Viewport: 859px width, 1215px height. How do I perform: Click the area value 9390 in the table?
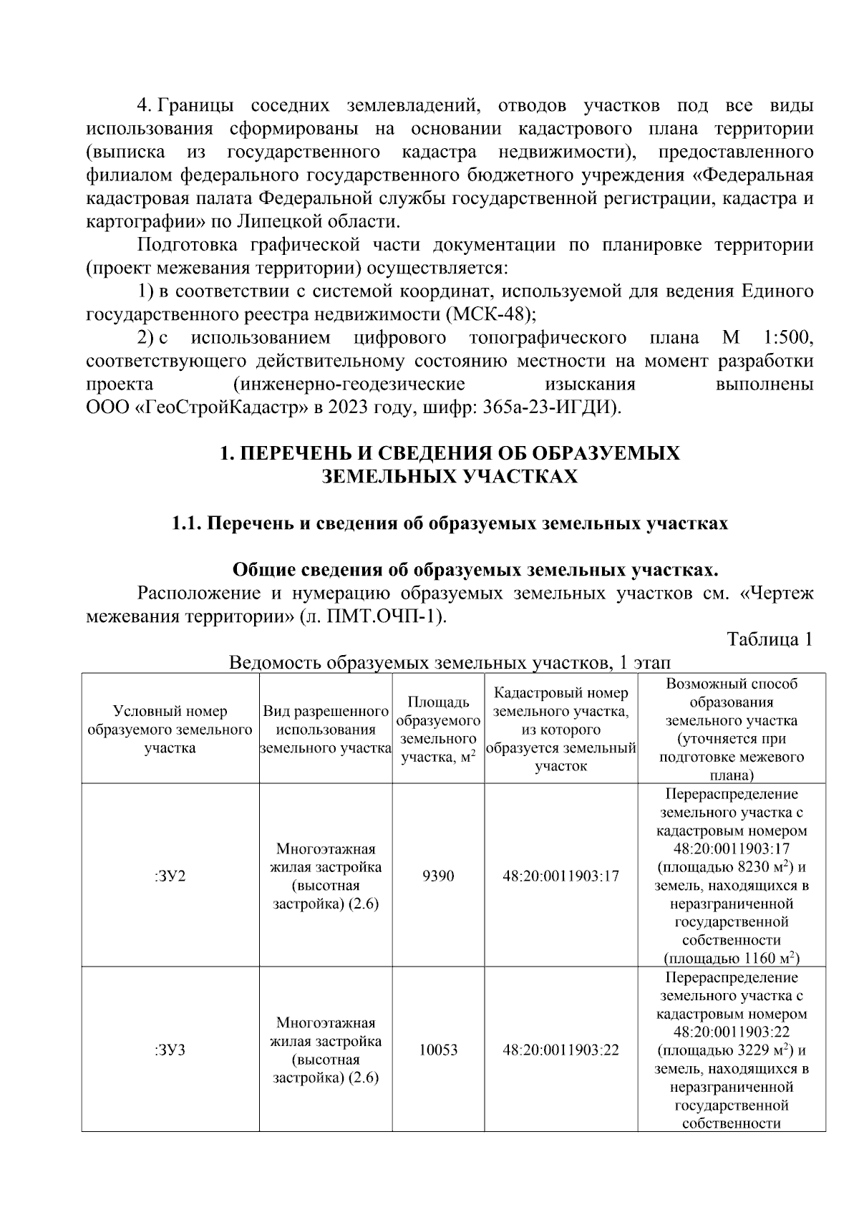pyautogui.click(x=438, y=876)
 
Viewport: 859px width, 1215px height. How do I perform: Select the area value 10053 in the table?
pyautogui.click(x=438, y=1050)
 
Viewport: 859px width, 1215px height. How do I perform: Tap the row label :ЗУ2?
pyautogui.click(x=170, y=876)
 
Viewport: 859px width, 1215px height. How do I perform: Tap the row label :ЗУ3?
pyautogui.click(x=170, y=1050)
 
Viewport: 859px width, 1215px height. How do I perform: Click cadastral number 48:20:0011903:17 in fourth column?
pyautogui.click(x=560, y=876)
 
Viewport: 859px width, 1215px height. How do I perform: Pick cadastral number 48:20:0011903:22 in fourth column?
pyautogui.click(x=560, y=1050)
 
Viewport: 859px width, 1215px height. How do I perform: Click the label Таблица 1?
pyautogui.click(x=769, y=639)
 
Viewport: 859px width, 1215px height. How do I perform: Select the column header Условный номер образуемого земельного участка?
pyautogui.click(x=170, y=730)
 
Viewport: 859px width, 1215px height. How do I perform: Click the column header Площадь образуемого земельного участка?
pyautogui.click(x=438, y=730)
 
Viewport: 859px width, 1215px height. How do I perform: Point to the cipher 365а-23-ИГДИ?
pyautogui.click(x=551, y=407)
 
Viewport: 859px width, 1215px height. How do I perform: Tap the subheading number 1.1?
pyautogui.click(x=186, y=523)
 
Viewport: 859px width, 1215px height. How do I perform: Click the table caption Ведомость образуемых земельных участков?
pyautogui.click(x=420, y=662)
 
